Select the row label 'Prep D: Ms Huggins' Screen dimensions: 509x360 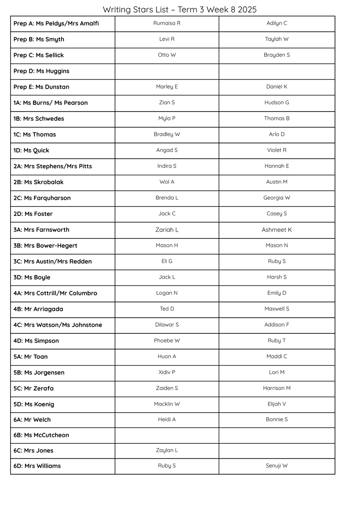(41, 71)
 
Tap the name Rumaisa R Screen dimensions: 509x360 (167, 23)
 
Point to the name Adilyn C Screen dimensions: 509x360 (276, 23)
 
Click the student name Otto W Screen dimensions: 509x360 (167, 55)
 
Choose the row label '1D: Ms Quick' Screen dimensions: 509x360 (31, 151)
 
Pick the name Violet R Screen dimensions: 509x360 (276, 150)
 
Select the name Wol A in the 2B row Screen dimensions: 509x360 (167, 182)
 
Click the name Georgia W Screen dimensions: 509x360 (276, 198)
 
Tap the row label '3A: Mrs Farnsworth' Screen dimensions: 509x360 (41, 230)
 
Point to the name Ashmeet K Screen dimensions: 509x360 (276, 230)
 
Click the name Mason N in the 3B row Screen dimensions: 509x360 (276, 246)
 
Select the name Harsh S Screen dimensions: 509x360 (276, 277)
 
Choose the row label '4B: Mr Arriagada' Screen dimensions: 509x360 (38, 309)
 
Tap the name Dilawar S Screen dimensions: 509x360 (167, 325)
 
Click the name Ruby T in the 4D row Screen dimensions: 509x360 (276, 341)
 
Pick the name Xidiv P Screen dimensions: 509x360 (167, 372)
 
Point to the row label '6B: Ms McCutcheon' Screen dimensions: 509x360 (41, 435)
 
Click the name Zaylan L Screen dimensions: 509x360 (167, 450)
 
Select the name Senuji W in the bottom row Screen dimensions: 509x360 (276, 466)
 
